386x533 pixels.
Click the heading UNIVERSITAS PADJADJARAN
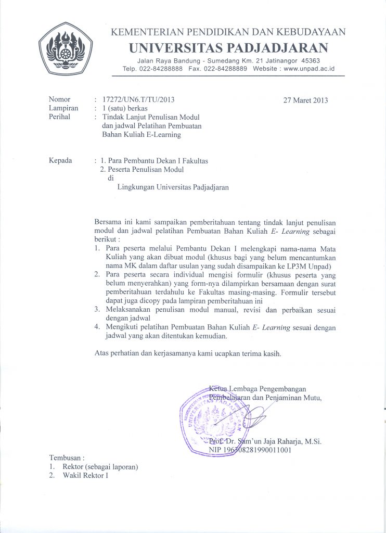coord(228,48)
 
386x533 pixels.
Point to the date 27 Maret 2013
coord(305,100)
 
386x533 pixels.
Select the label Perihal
coord(59,117)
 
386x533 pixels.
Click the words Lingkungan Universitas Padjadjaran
coord(173,187)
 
